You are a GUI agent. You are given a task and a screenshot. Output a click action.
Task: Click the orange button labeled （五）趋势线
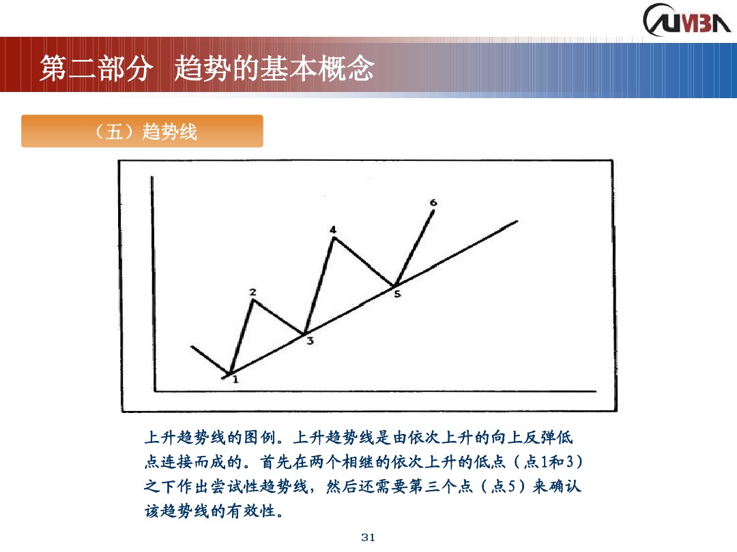click(142, 131)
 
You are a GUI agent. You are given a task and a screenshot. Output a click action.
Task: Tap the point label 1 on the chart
click(235, 380)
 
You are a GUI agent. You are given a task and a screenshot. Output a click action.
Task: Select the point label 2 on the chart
click(252, 292)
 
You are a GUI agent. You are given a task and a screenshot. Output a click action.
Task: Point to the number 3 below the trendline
click(310, 341)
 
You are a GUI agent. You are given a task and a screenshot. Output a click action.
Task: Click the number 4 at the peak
click(333, 230)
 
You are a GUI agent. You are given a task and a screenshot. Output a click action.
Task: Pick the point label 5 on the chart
click(397, 294)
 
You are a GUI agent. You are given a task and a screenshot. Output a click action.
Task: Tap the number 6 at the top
click(433, 202)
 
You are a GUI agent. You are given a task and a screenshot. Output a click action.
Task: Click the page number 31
click(368, 538)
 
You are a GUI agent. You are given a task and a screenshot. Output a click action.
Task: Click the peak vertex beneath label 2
click(253, 301)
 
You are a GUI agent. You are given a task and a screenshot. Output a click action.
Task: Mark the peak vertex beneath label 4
click(332, 237)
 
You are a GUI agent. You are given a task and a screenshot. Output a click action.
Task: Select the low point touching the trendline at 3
click(304, 333)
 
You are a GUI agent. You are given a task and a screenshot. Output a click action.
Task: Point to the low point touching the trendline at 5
click(394, 285)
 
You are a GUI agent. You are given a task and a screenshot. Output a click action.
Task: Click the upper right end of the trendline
click(517, 221)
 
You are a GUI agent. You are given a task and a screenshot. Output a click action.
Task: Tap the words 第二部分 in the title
click(93, 68)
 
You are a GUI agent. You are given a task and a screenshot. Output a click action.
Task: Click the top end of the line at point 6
click(434, 211)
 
